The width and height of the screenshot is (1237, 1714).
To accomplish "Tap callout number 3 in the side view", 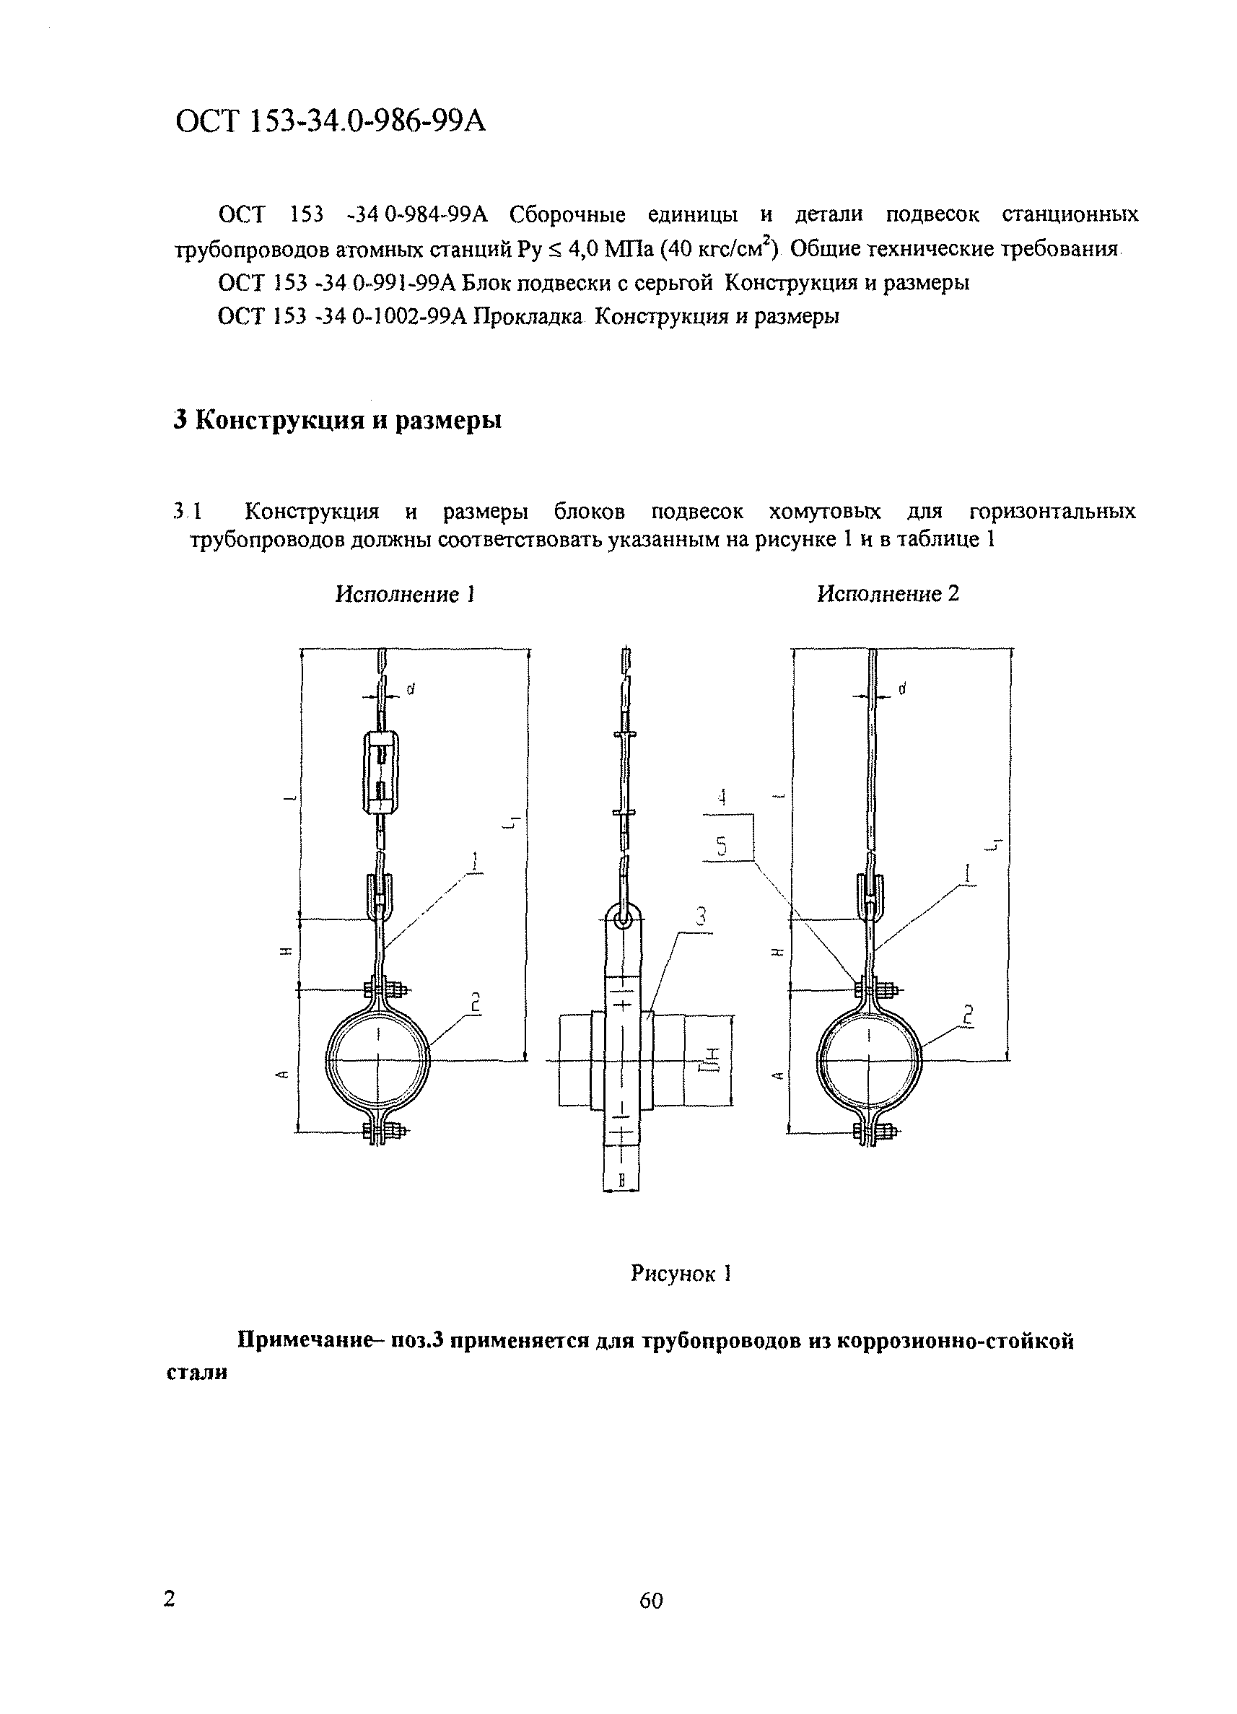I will (x=701, y=917).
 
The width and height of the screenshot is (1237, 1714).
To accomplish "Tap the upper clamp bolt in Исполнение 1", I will (x=384, y=989).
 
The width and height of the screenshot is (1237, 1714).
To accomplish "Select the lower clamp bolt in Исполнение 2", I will (x=874, y=1132).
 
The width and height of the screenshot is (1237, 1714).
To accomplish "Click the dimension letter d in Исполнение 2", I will (x=902, y=688).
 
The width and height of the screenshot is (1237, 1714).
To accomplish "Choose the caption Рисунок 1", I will (x=681, y=1273).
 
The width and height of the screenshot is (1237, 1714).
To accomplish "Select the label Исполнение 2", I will (x=888, y=594).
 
